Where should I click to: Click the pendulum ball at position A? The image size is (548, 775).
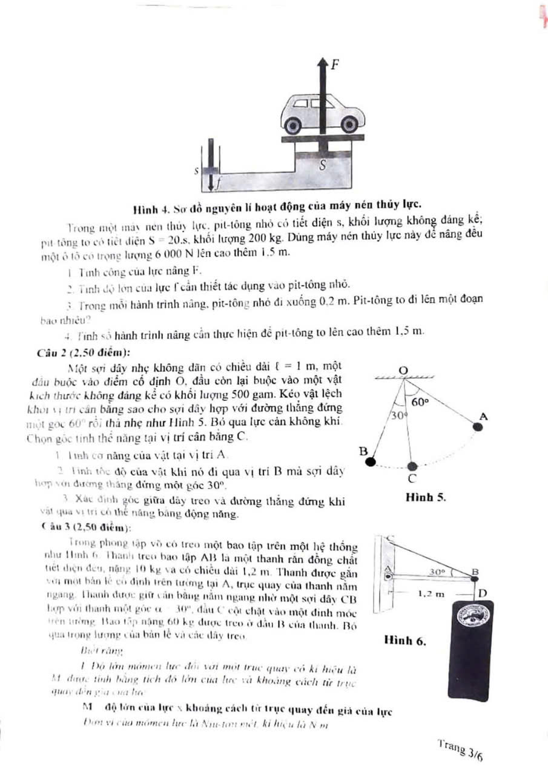pos(478,427)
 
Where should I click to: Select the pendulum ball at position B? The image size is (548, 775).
pos(371,463)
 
